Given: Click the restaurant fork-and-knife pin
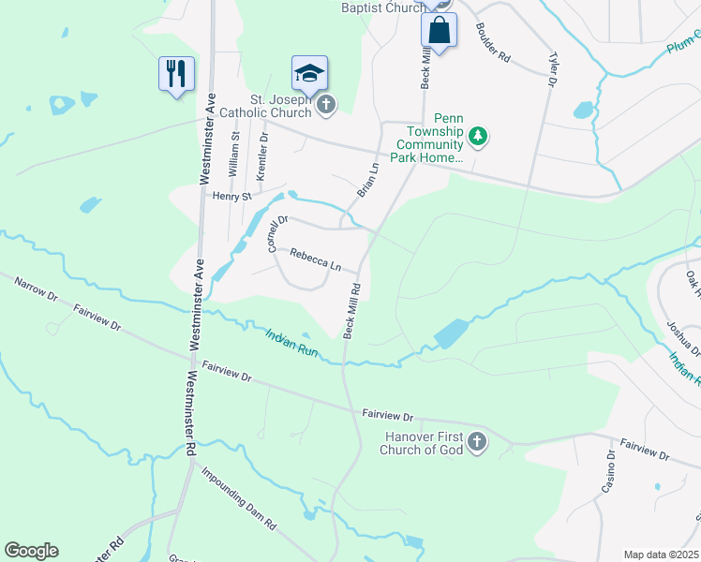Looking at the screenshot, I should pos(176,72).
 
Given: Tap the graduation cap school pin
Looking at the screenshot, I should pos(310,71).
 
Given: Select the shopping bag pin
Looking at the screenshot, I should pos(439,30).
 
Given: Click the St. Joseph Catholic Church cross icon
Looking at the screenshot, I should pos(325,103).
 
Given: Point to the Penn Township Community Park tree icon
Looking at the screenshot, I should pos(478,137).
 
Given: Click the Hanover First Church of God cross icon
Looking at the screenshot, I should pos(476,442).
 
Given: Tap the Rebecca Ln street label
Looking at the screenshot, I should pos(315,259).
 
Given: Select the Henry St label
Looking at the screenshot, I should pos(231,197).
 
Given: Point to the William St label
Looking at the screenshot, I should pos(234,149).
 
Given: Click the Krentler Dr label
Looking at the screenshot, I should pos(262,155).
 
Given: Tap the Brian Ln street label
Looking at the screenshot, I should pos(367,179).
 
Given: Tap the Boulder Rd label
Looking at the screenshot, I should pos(492,43).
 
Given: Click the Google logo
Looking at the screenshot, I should pos(31,551).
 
